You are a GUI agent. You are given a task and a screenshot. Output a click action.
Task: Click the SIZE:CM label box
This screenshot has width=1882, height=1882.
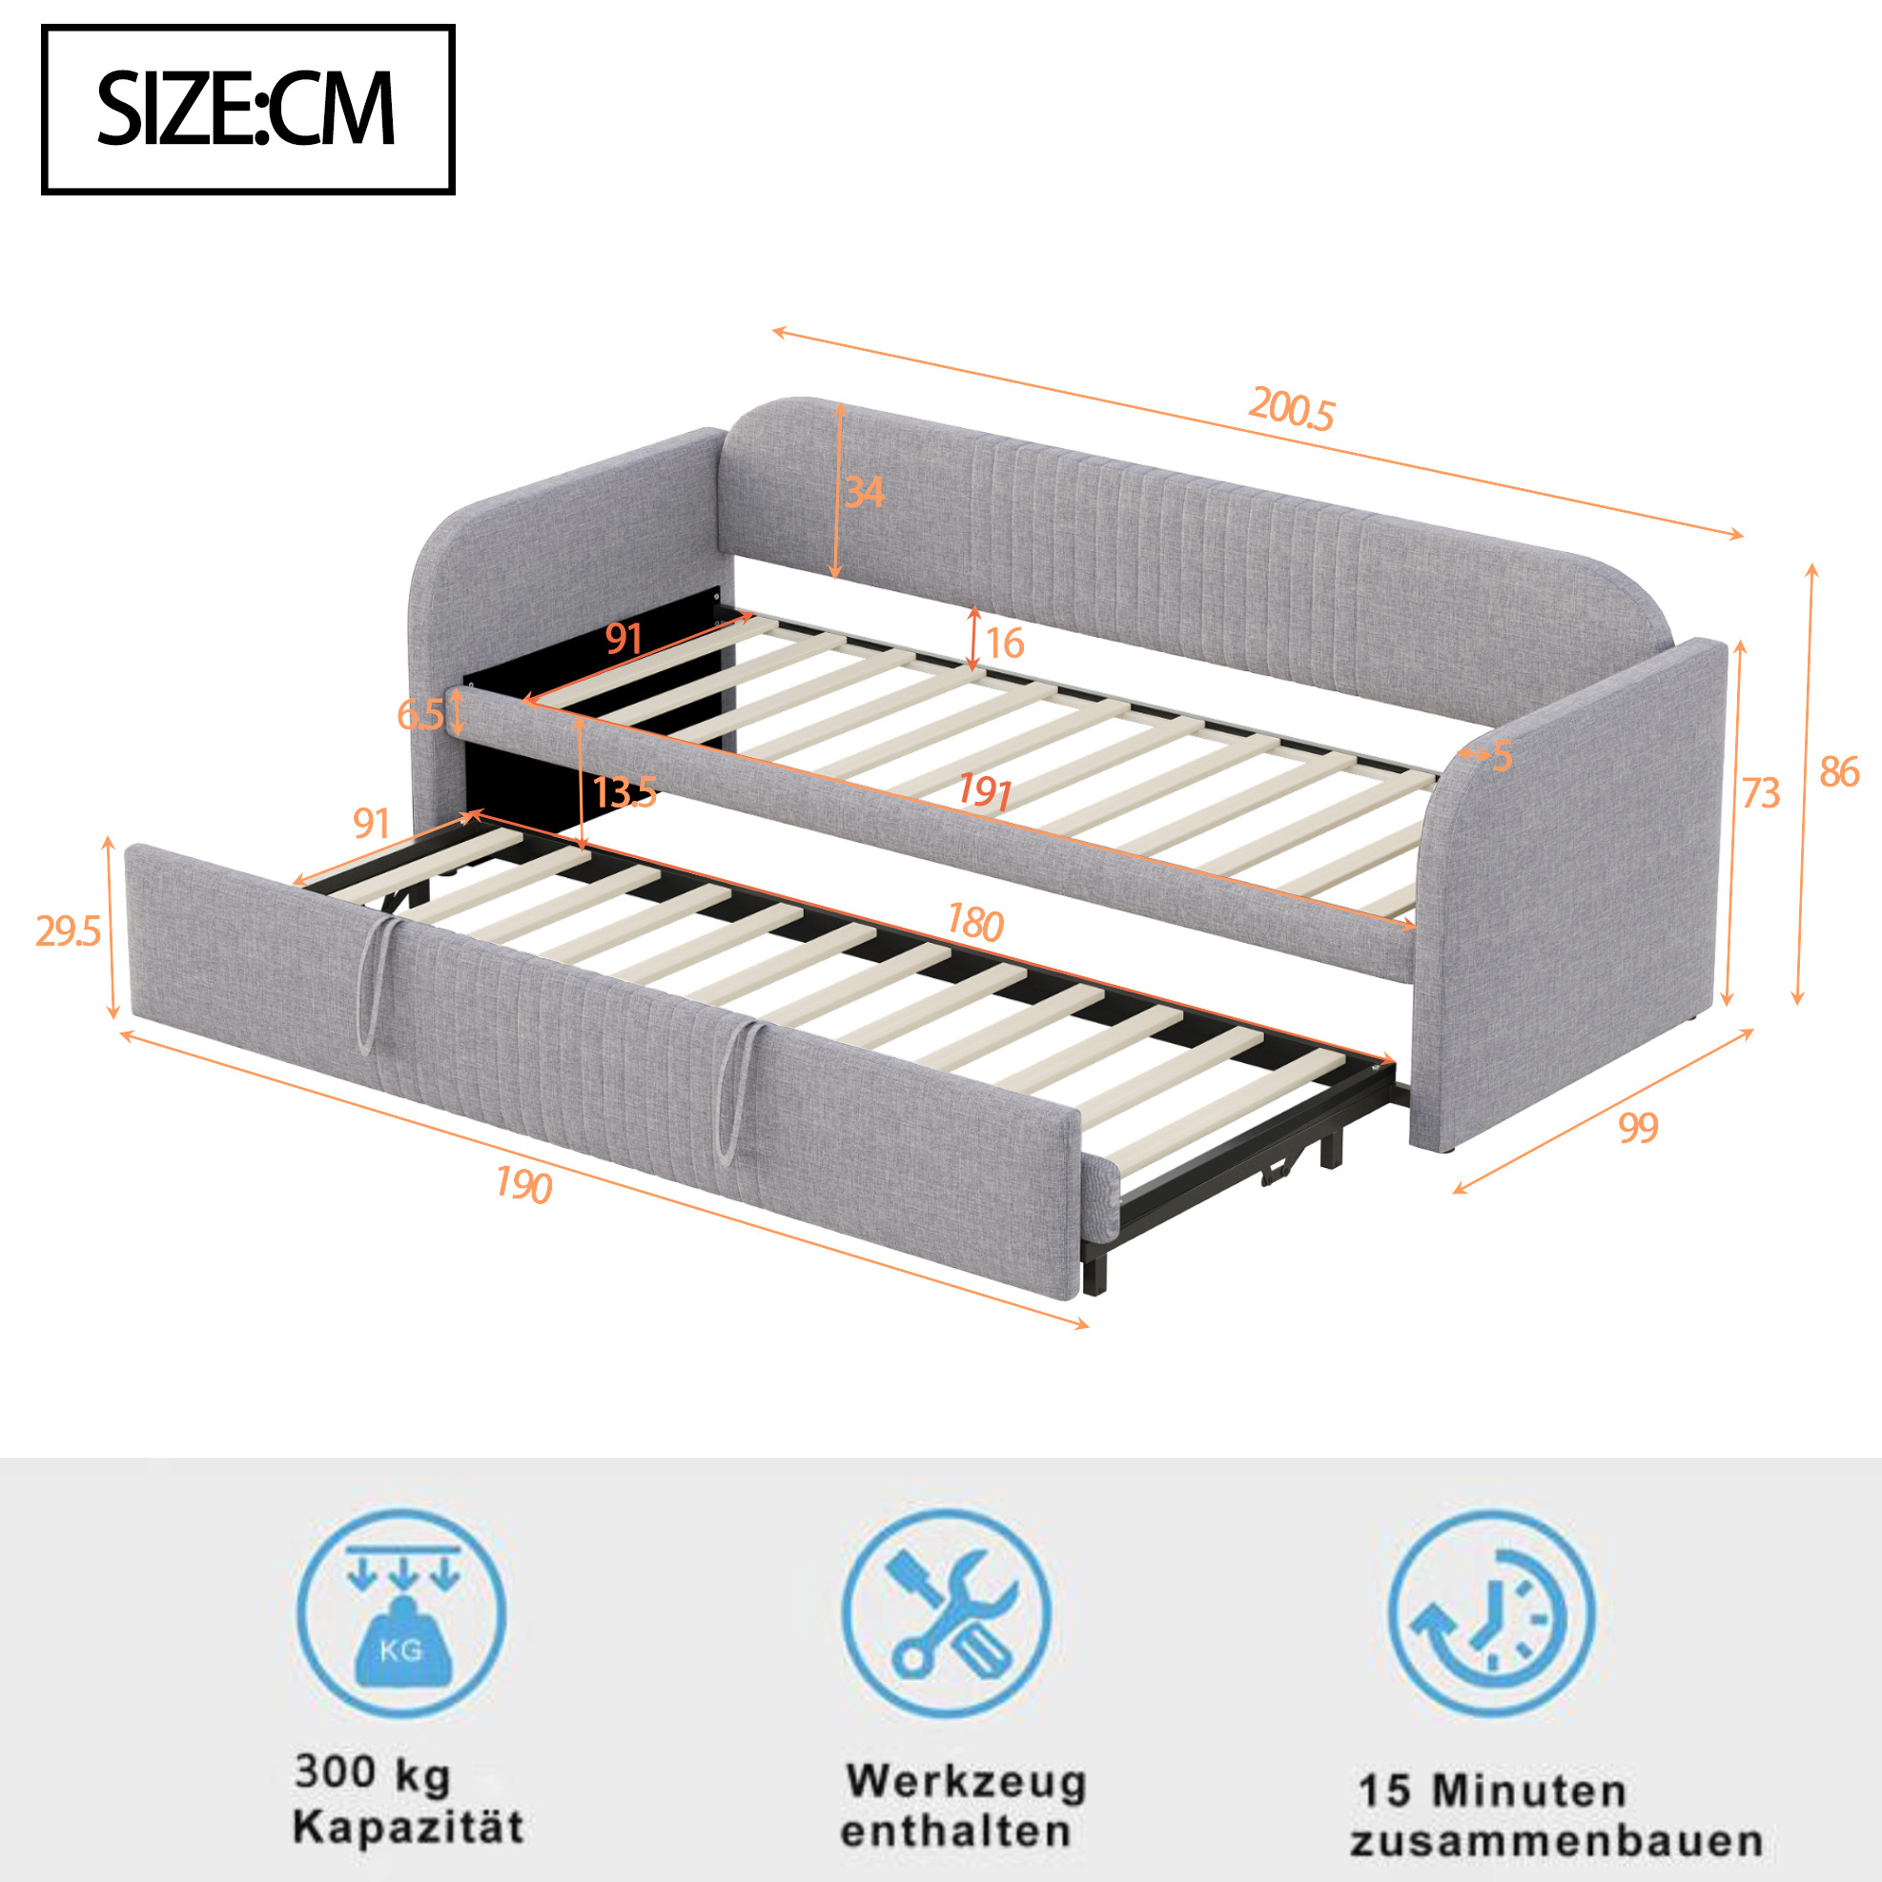(x=248, y=110)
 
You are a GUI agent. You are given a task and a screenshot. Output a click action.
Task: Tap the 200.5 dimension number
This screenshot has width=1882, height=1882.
(x=1291, y=408)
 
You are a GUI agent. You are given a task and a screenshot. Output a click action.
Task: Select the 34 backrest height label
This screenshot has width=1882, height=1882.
(x=864, y=492)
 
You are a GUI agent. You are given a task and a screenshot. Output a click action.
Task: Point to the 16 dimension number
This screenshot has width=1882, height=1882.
(x=1004, y=643)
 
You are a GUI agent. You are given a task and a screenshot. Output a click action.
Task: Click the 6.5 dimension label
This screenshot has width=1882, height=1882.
(x=419, y=716)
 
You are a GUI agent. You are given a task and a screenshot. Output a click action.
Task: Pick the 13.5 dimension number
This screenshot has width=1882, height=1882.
(x=624, y=793)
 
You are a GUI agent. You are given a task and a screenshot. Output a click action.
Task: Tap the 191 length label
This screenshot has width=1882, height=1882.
(x=984, y=791)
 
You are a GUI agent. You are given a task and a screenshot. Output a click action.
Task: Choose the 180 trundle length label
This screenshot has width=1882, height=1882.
(x=975, y=922)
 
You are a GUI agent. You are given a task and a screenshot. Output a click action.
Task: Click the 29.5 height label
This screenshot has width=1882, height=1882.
(x=69, y=932)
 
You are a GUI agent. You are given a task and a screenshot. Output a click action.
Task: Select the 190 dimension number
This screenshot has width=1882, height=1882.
(x=524, y=1184)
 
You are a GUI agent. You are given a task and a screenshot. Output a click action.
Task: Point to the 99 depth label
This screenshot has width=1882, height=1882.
(x=1638, y=1127)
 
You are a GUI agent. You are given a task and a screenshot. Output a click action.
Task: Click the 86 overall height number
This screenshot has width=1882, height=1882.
(x=1840, y=772)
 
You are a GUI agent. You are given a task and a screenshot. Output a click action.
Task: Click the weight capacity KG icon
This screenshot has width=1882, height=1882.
(x=401, y=1613)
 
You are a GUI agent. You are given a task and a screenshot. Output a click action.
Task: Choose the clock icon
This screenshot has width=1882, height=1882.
(x=1492, y=1613)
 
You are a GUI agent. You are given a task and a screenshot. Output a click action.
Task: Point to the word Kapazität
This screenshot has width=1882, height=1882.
(x=408, y=1827)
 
